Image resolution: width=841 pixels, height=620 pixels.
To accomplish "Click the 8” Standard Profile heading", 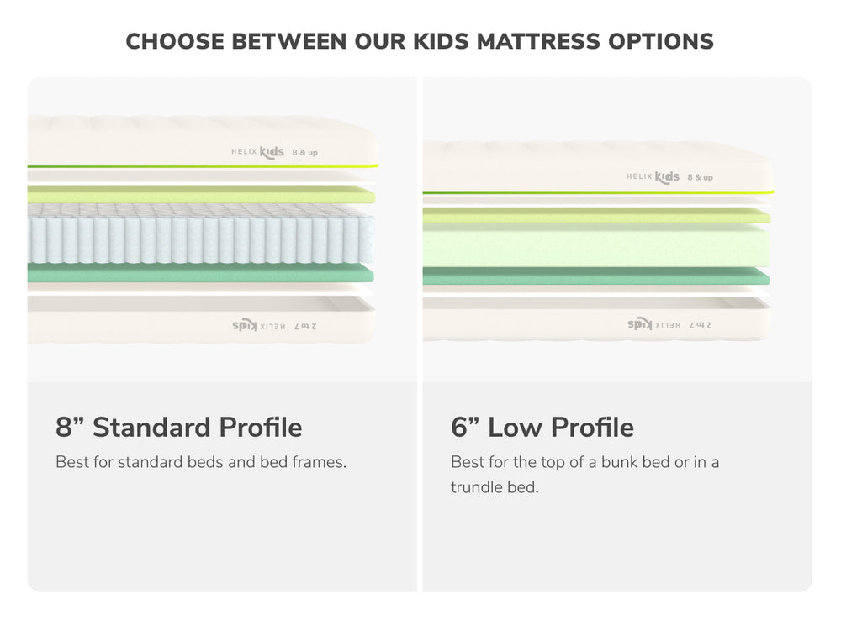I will pos(178,427).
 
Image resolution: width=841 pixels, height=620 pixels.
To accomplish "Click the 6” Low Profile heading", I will pos(542,427).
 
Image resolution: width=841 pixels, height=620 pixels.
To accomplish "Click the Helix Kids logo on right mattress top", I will pos(653,177).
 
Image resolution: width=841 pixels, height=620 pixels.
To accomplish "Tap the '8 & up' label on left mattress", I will pos(304,153).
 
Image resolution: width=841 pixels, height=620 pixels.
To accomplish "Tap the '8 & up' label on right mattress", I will pos(700,177).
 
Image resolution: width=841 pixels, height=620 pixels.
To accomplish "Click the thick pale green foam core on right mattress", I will pos(595,245).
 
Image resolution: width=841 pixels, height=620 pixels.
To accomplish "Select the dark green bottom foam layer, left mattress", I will pos(200,273).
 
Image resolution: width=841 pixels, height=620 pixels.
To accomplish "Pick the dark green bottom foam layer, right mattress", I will pos(595,276).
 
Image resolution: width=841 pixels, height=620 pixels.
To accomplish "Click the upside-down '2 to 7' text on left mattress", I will pos(304,324).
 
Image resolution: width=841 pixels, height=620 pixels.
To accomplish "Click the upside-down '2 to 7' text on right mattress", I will pos(699,323).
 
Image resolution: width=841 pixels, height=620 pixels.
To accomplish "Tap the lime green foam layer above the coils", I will pos(200,195).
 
